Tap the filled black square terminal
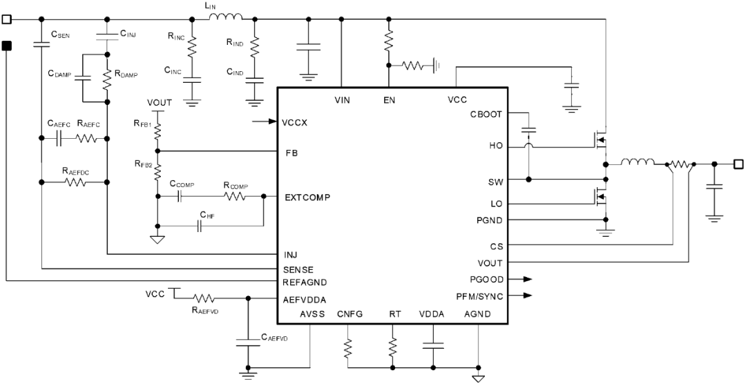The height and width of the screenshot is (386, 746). point(7,46)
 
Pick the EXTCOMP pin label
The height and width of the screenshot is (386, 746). point(307,197)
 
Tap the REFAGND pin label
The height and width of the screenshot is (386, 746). point(305,281)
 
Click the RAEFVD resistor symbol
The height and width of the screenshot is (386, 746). point(204,298)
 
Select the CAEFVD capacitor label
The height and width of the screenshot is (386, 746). point(274,337)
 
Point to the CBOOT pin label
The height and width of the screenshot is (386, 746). point(487,114)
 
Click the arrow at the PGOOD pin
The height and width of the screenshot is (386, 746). point(528,280)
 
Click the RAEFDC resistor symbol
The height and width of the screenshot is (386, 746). point(75,182)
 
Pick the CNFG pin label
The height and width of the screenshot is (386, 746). point(350,315)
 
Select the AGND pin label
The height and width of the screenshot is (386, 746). point(478,315)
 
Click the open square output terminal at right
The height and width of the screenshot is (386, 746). point(738,164)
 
